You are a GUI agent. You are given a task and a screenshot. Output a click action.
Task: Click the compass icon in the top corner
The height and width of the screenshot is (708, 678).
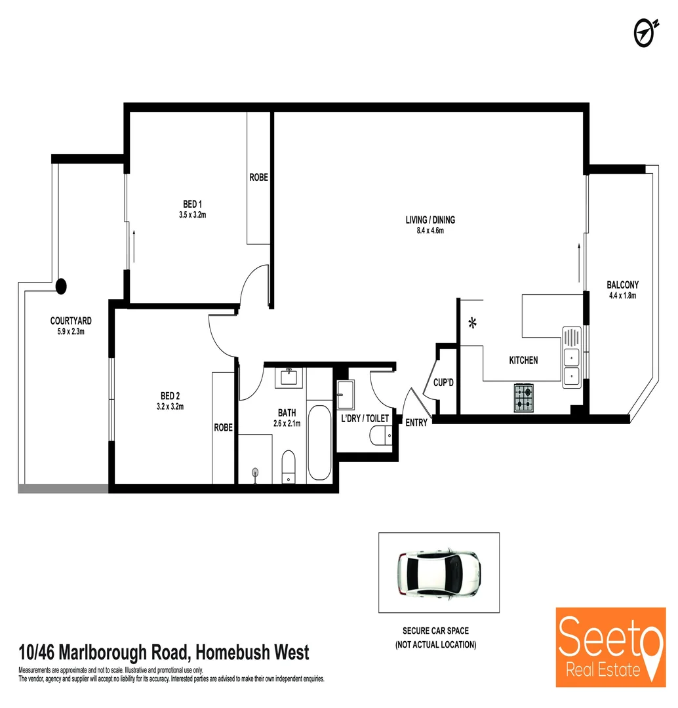(x=646, y=31)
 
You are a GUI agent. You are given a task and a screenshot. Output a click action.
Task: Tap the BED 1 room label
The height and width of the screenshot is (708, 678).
(x=193, y=203)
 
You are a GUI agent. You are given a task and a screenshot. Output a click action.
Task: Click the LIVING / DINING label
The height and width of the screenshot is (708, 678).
(x=430, y=220)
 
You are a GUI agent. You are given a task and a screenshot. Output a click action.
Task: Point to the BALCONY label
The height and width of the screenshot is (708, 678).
(x=622, y=285)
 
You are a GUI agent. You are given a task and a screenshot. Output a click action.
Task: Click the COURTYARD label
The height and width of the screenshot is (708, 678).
(x=71, y=321)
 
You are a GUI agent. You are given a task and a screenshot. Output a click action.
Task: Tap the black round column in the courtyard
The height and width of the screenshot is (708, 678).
(x=61, y=286)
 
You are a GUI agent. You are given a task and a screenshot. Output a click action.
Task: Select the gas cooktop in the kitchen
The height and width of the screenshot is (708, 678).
(x=524, y=397)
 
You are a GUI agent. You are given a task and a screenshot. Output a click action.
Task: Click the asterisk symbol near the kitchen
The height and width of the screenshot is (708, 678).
(x=472, y=323)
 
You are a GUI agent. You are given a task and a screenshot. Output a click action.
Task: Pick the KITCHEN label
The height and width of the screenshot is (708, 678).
(x=523, y=360)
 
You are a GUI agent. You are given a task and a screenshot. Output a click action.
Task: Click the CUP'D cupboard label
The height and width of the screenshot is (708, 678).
(x=444, y=382)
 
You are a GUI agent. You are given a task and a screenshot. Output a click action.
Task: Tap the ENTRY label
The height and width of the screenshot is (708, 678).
(x=416, y=423)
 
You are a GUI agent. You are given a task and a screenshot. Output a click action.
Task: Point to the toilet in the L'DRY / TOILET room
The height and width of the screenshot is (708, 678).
(x=381, y=435)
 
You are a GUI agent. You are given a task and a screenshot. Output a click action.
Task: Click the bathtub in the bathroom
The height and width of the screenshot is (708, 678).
(x=319, y=443)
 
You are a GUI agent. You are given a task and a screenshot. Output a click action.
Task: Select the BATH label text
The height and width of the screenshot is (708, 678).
(x=287, y=413)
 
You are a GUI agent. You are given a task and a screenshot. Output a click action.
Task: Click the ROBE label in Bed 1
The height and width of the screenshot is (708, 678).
(x=259, y=177)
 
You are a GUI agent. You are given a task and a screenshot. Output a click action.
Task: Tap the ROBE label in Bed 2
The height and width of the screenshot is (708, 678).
(x=223, y=427)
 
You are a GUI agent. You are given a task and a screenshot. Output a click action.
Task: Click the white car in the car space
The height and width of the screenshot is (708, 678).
(x=439, y=573)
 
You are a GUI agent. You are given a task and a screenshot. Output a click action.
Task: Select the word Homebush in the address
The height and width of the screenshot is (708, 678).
(x=233, y=652)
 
